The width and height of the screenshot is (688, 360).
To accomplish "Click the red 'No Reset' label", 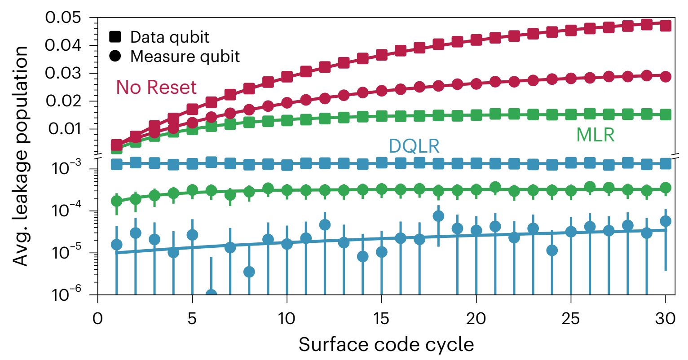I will pos(156,88).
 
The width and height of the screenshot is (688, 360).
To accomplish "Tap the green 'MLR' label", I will pos(595,135).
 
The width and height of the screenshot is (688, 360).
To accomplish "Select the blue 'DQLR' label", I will pos(414,146).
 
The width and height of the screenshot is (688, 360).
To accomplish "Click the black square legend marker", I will pos(115,37).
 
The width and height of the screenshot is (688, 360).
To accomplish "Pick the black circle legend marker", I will pos(115,57).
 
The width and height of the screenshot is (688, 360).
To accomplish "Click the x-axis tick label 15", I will pos(381,318).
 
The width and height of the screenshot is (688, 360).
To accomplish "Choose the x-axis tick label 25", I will pos(571,318).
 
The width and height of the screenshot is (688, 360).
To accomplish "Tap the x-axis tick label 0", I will pos(98,318).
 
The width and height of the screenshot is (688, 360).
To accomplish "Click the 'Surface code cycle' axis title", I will pos(386,345).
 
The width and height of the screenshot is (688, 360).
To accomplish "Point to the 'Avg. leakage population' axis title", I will pos(20,155).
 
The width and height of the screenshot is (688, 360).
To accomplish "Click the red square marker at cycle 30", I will pos(666,25).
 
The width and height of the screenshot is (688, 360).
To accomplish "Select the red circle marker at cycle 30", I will pos(666,77).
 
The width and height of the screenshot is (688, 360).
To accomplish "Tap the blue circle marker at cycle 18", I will pos(438,216).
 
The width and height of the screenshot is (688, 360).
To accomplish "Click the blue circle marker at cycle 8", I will pos(249,272).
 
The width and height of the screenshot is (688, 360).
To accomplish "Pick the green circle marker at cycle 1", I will pos(117,201).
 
